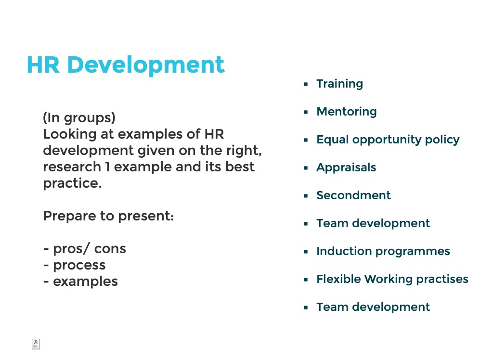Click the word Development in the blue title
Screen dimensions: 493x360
(146, 65)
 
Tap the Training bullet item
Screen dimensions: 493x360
(339, 84)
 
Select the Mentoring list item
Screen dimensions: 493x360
(347, 112)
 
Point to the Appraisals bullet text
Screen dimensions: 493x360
(346, 168)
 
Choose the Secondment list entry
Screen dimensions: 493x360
(353, 195)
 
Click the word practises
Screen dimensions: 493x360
(442, 280)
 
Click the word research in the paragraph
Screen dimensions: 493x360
(72, 167)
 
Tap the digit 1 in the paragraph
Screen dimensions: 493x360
(107, 167)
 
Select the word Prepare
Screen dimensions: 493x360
(69, 217)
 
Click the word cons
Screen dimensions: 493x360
(110, 249)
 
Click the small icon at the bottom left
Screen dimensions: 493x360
(36, 344)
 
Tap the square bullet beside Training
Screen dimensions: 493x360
(306, 84)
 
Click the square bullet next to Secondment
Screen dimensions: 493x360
(306, 195)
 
